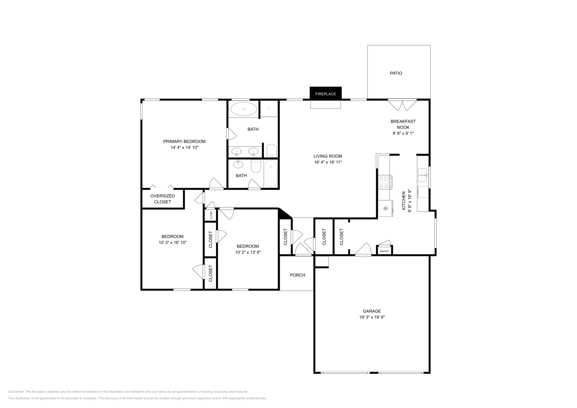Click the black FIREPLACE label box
[325, 94]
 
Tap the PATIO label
[396, 73]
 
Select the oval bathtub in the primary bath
[244, 108]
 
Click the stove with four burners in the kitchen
[385, 182]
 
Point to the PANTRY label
[384, 251]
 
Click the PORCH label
[298, 275]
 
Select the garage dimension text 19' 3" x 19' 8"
[371, 317]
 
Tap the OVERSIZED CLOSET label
[163, 199]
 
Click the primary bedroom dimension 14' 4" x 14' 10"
[184, 147]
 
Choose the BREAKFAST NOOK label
[403, 124]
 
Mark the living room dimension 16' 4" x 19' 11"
[327, 162]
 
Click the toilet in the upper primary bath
[271, 150]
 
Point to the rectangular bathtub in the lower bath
[270, 174]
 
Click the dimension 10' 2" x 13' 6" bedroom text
[248, 252]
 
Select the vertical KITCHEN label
[404, 201]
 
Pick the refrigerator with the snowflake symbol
[386, 209]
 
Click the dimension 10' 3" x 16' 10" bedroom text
[172, 243]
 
